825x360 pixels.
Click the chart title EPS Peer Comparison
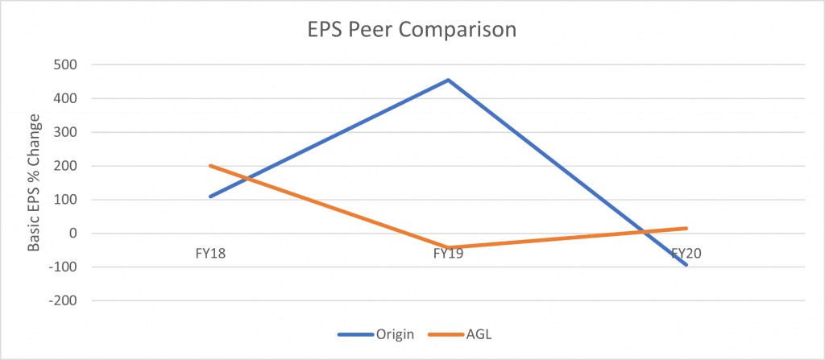412,31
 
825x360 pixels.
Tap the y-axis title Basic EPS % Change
34,182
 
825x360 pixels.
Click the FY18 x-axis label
209,253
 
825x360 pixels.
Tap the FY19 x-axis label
449,253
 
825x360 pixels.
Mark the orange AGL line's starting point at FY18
209,166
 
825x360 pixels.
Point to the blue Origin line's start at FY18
209,197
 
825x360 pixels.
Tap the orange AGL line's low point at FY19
449,247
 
